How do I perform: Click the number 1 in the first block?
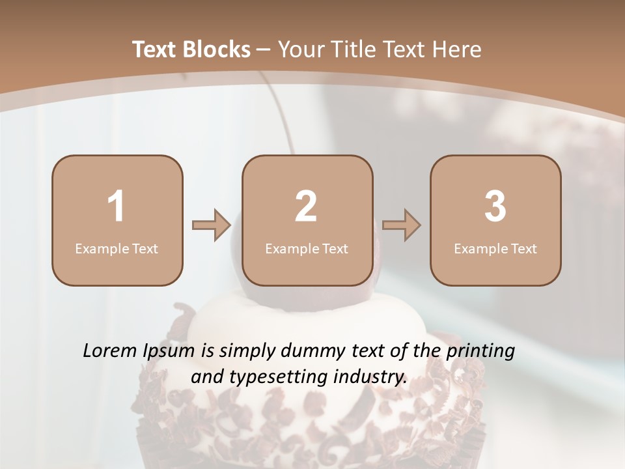tap(117, 206)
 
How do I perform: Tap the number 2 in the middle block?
tap(306, 206)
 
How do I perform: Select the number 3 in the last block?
tap(495, 206)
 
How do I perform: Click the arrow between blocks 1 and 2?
tap(212, 225)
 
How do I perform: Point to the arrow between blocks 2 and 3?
tap(401, 225)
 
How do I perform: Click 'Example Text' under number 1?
tap(117, 248)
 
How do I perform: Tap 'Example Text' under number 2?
tap(307, 248)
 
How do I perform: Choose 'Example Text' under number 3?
tap(495, 248)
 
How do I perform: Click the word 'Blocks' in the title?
tap(215, 50)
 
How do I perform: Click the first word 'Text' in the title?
tap(154, 50)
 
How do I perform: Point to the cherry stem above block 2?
tap(277, 111)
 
